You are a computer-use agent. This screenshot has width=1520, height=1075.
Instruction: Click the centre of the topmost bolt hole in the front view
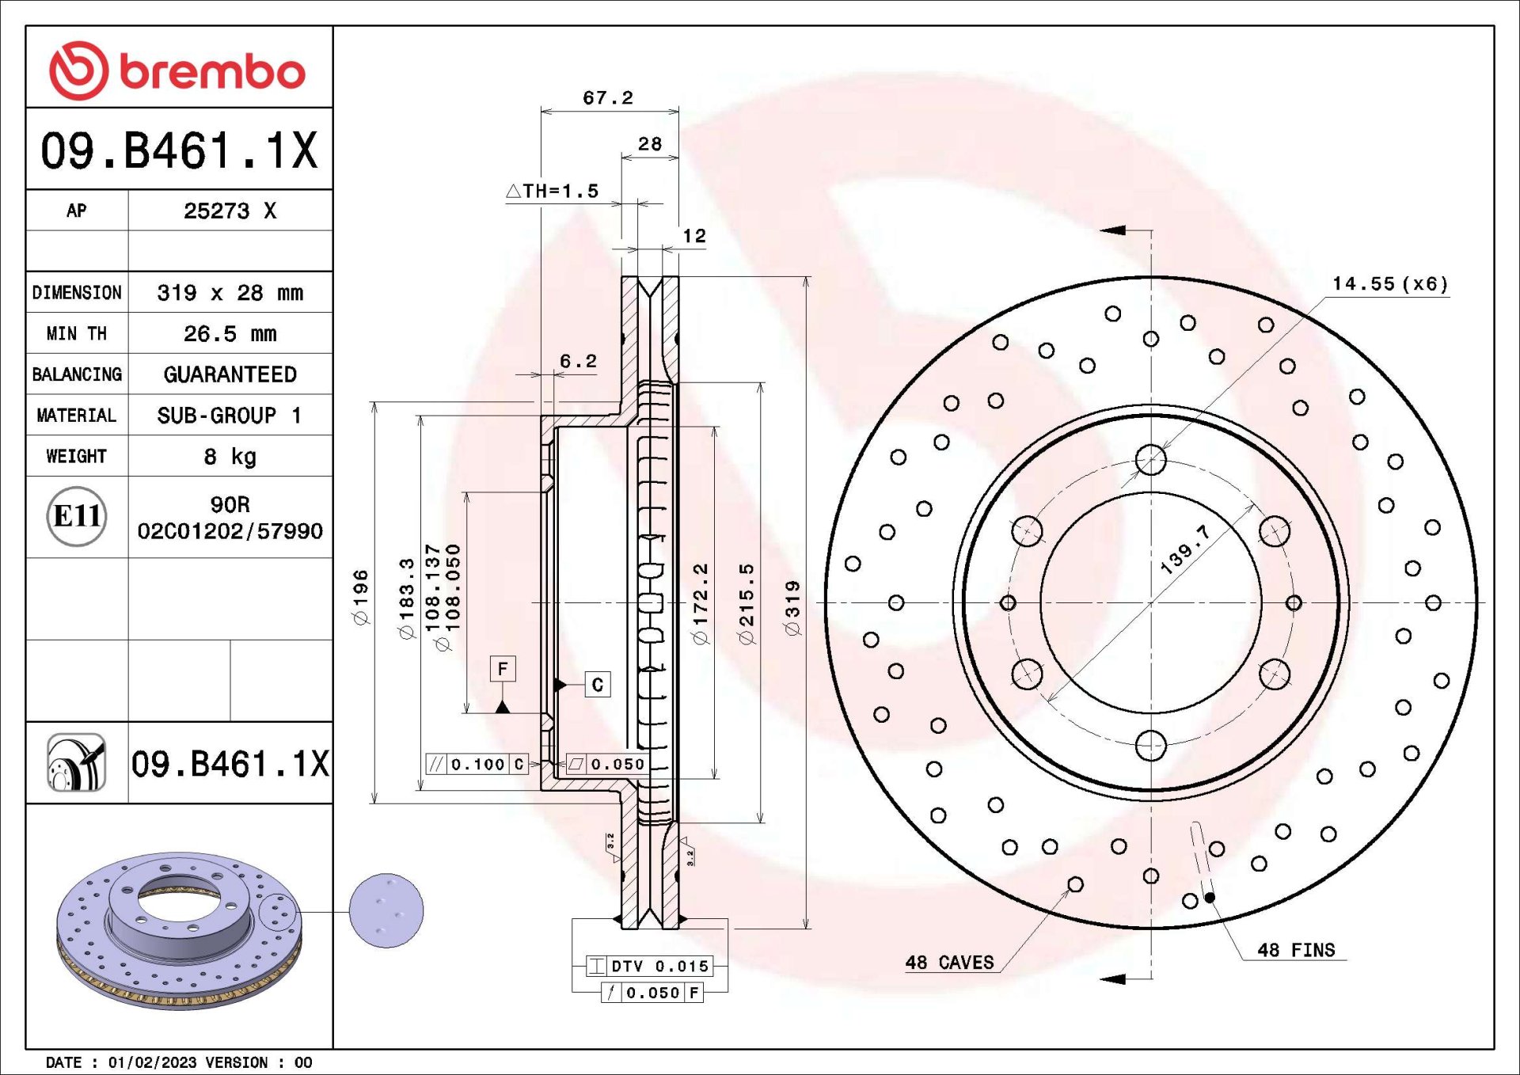(1150, 460)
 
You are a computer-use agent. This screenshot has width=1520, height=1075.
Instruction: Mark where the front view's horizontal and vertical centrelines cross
(1150, 603)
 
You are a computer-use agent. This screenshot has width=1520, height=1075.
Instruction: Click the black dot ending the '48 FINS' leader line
(1210, 898)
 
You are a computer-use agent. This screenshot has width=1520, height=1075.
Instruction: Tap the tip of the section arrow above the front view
(1101, 230)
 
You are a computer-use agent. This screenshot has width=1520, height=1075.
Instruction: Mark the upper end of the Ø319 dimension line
(806, 277)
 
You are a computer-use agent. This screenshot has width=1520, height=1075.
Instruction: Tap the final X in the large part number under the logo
(303, 150)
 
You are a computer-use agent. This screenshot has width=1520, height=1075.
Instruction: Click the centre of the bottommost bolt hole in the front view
(1150, 746)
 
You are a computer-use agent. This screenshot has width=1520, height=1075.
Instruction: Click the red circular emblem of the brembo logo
(78, 71)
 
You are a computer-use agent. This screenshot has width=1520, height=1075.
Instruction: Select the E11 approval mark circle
(77, 516)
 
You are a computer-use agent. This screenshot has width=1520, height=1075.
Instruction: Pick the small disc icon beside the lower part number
(76, 762)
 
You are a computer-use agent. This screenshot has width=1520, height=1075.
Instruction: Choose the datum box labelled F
(503, 669)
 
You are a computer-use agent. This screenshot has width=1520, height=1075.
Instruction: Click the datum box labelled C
(598, 685)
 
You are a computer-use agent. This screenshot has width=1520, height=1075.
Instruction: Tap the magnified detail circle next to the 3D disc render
(386, 910)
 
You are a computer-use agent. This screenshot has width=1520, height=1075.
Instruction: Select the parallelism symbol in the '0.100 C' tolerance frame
(436, 764)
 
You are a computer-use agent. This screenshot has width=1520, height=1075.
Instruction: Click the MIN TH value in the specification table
(230, 334)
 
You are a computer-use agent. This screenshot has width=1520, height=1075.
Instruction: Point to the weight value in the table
(230, 457)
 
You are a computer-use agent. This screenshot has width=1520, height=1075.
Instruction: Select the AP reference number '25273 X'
(230, 211)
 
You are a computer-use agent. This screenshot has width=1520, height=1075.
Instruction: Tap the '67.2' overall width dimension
(608, 97)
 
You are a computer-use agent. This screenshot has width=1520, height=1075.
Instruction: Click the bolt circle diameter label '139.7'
(1185, 549)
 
